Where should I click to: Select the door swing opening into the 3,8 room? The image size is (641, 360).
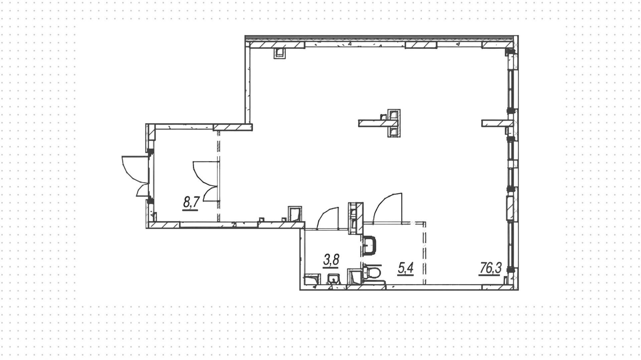(328, 218)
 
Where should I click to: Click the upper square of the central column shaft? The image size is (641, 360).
(394, 115)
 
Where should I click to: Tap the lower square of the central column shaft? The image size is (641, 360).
(394, 132)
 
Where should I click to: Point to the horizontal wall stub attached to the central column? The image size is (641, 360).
(372, 124)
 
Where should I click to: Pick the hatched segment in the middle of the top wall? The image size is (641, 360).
(421, 45)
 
